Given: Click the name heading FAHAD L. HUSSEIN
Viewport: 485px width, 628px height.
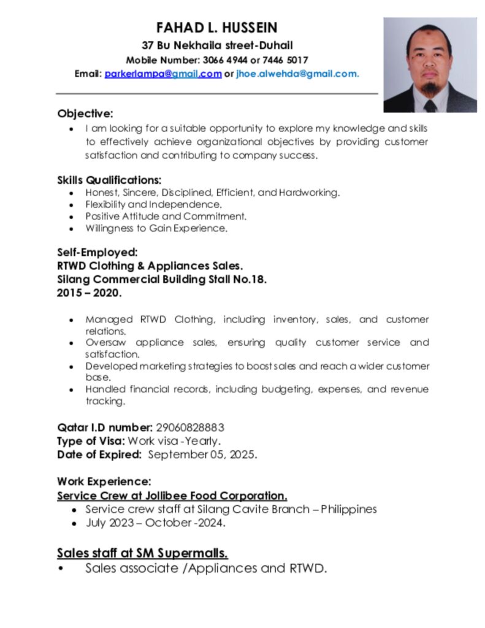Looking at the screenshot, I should tap(217, 28).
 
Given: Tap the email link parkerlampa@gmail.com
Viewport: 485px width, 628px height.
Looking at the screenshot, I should tap(162, 74).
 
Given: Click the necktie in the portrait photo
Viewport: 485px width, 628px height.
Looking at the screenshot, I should tap(430, 105).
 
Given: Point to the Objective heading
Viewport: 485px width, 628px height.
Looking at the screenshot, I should tap(85, 113).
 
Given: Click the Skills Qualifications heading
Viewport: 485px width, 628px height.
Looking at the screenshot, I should tap(109, 180).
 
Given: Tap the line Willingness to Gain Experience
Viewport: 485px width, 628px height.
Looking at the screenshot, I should tap(156, 228).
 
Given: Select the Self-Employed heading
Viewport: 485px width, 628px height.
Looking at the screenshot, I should tap(97, 253).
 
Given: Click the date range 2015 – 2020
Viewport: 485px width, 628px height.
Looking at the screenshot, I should tap(89, 293).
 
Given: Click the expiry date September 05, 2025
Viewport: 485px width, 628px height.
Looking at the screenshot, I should tap(202, 454).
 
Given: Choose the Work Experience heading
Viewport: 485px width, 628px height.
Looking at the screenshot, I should tap(104, 482).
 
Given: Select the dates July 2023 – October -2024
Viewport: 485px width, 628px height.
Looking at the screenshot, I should tap(156, 523).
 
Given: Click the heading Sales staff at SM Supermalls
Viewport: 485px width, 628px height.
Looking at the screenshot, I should tap(142, 553).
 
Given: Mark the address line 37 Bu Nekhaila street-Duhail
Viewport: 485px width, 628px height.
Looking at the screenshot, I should tap(217, 45).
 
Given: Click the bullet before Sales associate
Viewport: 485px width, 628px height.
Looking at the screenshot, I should tap(60, 569).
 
